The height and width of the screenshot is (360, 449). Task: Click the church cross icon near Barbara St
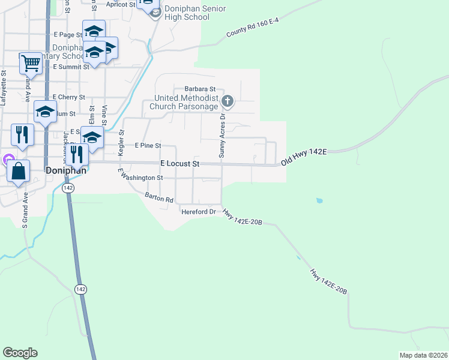(x=227, y=101)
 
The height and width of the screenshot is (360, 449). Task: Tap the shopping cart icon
(x=31, y=62)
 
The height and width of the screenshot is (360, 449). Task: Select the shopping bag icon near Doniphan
(x=19, y=171)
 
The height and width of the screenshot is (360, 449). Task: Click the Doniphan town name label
(x=64, y=170)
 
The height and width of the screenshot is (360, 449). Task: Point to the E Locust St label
(x=179, y=164)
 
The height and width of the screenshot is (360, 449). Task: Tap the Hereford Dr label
(x=198, y=212)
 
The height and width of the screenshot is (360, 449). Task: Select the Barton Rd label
(x=159, y=197)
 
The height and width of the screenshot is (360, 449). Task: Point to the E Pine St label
(x=148, y=145)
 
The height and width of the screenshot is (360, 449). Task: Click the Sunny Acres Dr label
(x=222, y=135)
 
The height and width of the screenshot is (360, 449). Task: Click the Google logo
(x=20, y=353)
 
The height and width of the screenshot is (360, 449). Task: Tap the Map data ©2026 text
(x=423, y=355)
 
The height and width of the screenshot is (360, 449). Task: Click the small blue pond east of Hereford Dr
(x=319, y=200)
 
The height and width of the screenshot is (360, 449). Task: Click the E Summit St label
(x=71, y=67)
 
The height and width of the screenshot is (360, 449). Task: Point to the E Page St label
(x=67, y=35)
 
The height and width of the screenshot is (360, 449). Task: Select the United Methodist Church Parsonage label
(x=186, y=102)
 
